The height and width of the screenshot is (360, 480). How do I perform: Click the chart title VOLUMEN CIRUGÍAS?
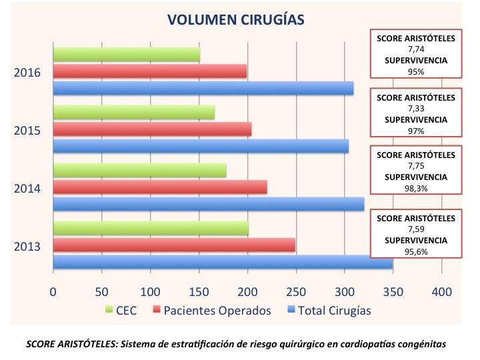coord(236,20)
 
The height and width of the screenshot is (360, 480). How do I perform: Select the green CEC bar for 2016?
coord(127,55)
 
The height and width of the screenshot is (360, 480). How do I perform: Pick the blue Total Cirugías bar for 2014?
coord(209,205)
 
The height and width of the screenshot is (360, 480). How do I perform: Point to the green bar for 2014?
coord(139,171)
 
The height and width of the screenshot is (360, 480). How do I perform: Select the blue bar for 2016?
coord(203,88)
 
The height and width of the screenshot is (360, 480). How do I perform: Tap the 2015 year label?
coord(28,130)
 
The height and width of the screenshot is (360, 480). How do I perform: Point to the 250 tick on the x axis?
coord(296,291)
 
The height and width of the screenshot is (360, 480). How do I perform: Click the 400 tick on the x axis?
coord(442,291)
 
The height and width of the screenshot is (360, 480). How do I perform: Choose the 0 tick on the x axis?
coord(53,291)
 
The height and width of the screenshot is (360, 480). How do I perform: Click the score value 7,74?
coord(416,49)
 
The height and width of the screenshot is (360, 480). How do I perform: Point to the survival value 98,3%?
coord(416,189)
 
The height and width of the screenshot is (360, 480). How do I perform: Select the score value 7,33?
coord(416,108)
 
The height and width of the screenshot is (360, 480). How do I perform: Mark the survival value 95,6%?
coord(416,251)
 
